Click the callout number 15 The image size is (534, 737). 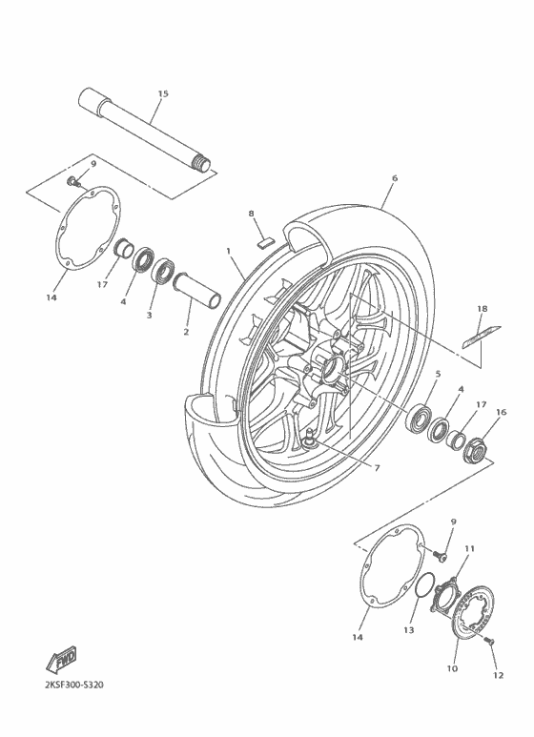(162, 93)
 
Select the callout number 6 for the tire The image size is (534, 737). (394, 177)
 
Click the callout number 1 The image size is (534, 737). (229, 251)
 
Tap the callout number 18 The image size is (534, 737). (483, 309)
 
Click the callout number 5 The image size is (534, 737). (438, 375)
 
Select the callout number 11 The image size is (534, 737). (468, 549)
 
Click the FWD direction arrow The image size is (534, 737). (62, 659)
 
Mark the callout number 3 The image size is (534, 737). (149, 314)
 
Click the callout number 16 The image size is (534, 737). (501, 412)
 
